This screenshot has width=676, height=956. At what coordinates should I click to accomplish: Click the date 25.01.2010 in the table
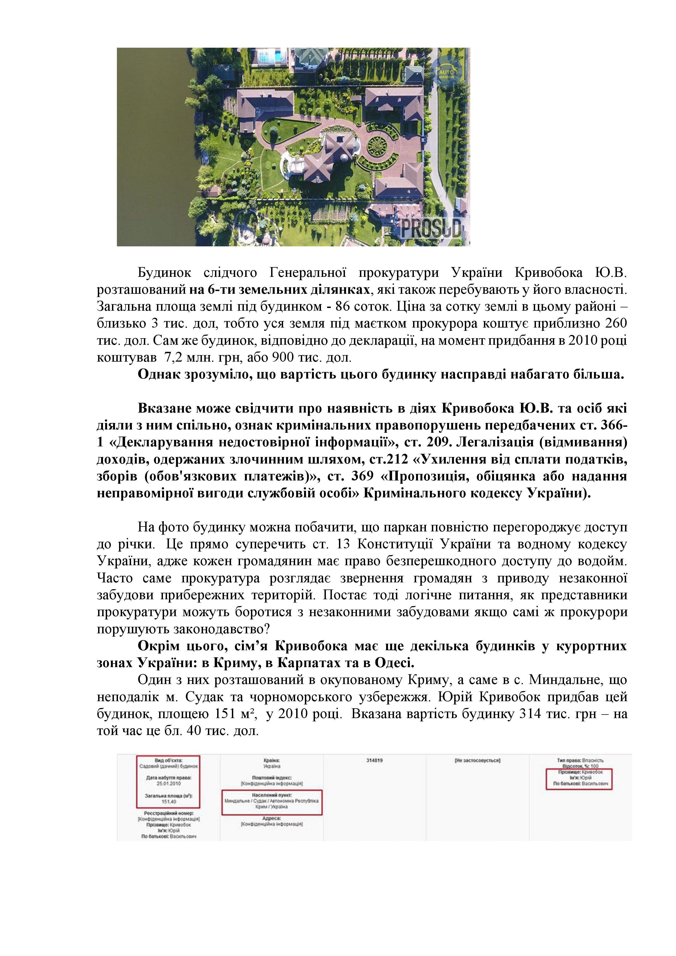click(x=168, y=783)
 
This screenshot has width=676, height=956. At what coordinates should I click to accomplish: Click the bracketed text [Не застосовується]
click(x=477, y=760)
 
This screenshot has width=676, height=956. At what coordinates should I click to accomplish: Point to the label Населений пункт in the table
click(x=272, y=795)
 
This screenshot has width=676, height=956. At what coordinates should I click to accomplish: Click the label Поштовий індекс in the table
click(x=272, y=777)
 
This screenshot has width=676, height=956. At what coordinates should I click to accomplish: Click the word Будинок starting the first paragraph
click(x=164, y=273)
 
